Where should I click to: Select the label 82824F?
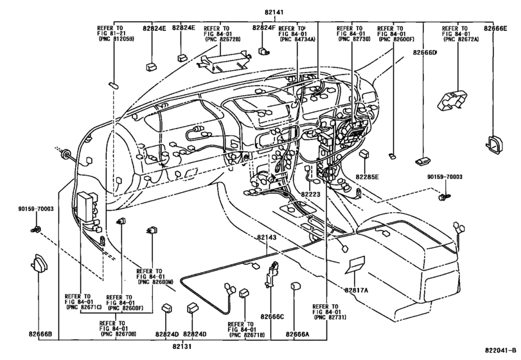pyautogui.click(x=263, y=28)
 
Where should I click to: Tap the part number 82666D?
pyautogui.click(x=425, y=53)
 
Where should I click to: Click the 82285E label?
pyautogui.click(x=367, y=176)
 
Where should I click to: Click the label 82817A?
pyautogui.click(x=357, y=290)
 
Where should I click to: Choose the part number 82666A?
pyautogui.click(x=297, y=334)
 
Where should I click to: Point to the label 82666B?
pyautogui.click(x=40, y=334)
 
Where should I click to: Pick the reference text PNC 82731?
pyautogui.click(x=327, y=318)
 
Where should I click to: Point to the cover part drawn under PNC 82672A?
pyautogui.click(x=453, y=98)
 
